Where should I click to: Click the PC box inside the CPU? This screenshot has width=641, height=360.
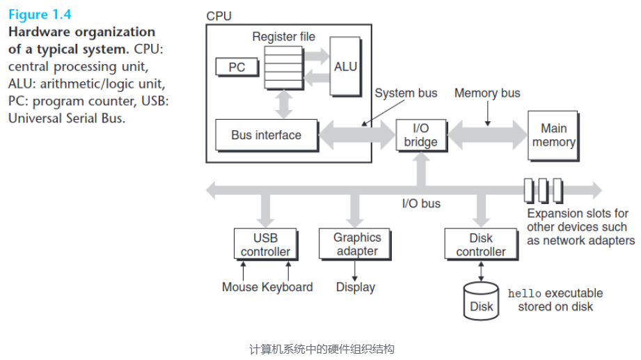click(x=236, y=68)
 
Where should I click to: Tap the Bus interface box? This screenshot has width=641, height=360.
click(x=266, y=135)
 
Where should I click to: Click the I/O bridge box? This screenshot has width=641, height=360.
click(x=421, y=135)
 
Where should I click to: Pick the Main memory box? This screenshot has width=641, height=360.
click(x=553, y=135)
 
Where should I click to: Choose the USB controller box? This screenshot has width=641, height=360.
click(x=265, y=244)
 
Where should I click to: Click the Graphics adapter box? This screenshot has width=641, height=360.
click(x=357, y=244)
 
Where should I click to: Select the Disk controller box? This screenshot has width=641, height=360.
click(x=481, y=244)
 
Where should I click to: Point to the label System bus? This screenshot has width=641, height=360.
click(x=406, y=93)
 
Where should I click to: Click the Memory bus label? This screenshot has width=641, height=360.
click(x=487, y=93)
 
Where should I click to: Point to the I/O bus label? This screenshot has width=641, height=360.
click(x=421, y=204)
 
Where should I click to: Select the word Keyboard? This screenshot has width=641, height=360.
click(x=287, y=287)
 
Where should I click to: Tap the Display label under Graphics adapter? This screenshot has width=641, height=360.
click(x=356, y=287)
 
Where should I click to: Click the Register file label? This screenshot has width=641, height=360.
click(x=283, y=36)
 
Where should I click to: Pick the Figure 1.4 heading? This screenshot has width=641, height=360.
click(x=39, y=14)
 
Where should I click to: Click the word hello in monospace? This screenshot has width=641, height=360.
click(x=524, y=293)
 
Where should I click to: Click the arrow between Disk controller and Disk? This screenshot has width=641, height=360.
click(x=481, y=270)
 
